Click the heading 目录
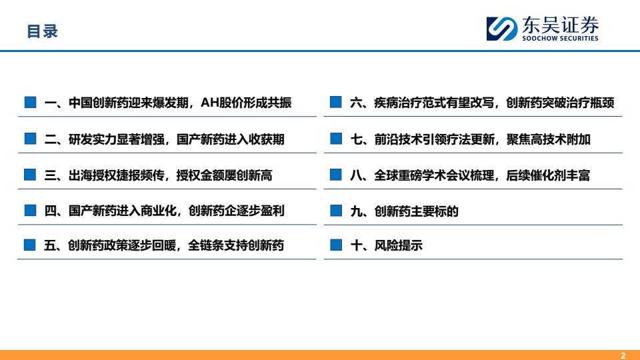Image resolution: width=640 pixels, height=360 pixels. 43,31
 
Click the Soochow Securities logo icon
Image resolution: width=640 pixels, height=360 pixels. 501,29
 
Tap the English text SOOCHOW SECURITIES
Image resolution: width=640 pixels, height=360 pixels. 560,38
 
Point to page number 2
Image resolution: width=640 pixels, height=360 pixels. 623,355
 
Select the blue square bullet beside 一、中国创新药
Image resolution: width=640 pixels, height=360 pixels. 30,102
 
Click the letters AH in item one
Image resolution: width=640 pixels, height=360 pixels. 210,103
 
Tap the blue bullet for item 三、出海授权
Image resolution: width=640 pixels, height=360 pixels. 30,175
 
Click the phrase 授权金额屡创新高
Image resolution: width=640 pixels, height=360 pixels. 224,175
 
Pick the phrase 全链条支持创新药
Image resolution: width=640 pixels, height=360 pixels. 236,245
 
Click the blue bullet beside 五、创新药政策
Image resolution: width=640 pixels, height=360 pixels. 30,245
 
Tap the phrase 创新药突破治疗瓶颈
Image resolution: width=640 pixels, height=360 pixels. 560,103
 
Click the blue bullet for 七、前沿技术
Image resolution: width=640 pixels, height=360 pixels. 336,139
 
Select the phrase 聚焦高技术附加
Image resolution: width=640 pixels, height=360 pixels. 548,139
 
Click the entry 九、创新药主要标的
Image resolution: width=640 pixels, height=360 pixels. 404,211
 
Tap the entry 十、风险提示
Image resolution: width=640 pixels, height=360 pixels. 386,245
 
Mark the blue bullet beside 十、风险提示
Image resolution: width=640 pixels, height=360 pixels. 336,245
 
